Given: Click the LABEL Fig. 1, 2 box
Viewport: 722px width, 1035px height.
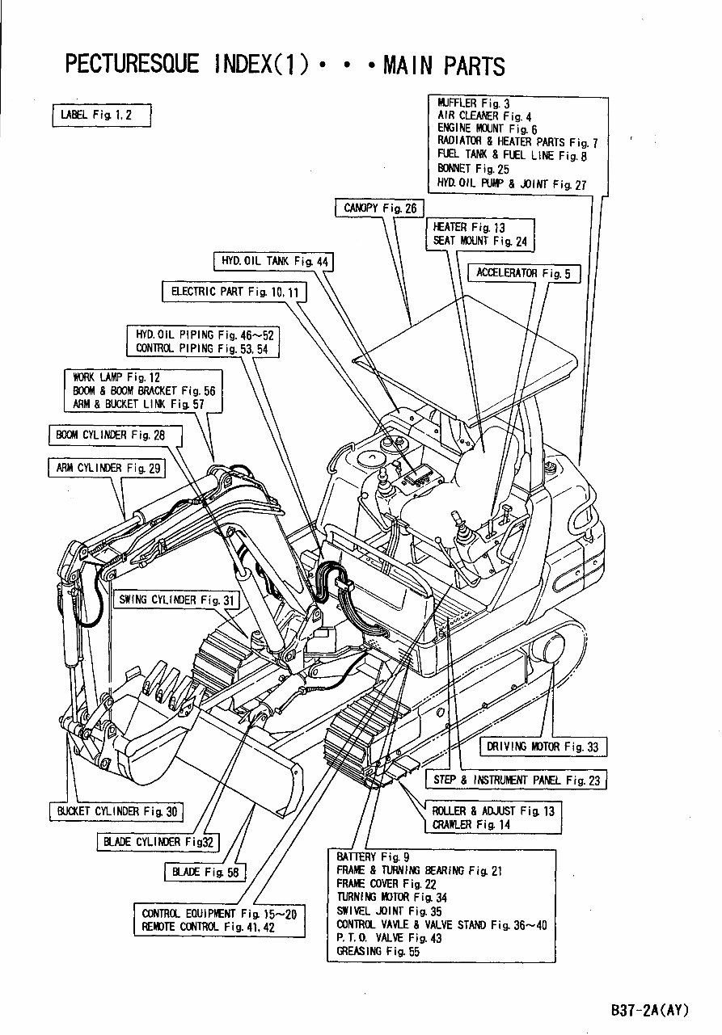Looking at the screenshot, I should click(101, 115).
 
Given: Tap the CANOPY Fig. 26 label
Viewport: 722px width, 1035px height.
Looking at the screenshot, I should click(380, 208).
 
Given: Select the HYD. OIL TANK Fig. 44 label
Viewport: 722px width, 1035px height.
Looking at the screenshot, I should click(275, 261).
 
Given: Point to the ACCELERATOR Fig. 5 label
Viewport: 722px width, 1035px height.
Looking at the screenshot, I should click(523, 273).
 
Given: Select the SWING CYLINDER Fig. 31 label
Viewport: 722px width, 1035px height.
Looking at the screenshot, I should click(177, 600).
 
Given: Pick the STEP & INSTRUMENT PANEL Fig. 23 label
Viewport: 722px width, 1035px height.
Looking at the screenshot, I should click(517, 780).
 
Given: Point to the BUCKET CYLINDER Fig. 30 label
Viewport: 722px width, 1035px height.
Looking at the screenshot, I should click(116, 811).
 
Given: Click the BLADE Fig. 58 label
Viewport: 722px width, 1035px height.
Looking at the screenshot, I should click(205, 872).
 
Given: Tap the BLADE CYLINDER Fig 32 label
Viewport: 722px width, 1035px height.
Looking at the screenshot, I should click(158, 842).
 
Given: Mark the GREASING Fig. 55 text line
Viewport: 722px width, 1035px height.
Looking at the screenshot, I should click(378, 952).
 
